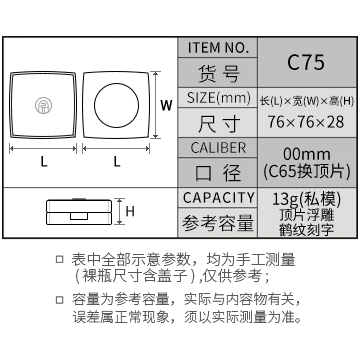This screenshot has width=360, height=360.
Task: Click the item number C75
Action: point(306,62)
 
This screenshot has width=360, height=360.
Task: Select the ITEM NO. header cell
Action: point(218,48)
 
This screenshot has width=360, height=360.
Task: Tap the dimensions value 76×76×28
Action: point(306,122)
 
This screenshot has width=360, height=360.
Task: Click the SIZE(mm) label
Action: point(218,98)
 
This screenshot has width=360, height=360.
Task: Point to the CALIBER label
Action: point(218,148)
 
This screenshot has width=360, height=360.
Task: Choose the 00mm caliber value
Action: point(307,155)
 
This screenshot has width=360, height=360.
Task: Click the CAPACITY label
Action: point(218,198)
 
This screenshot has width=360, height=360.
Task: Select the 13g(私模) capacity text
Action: point(307,199)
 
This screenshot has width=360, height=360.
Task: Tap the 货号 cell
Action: point(218,73)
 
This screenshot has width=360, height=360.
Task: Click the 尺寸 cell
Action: point(218,123)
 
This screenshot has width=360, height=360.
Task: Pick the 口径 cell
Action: point(218,173)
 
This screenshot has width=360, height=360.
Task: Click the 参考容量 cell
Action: point(218,223)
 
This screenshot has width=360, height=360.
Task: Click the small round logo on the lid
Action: point(43,105)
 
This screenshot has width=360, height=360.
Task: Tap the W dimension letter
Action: point(166,106)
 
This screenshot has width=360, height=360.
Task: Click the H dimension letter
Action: point(130,211)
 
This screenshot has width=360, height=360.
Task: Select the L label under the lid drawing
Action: point(43,162)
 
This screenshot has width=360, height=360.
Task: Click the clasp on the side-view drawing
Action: point(79,216)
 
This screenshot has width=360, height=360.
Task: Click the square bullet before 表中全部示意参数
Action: point(59,260)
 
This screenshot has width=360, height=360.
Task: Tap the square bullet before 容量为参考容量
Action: point(59,300)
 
